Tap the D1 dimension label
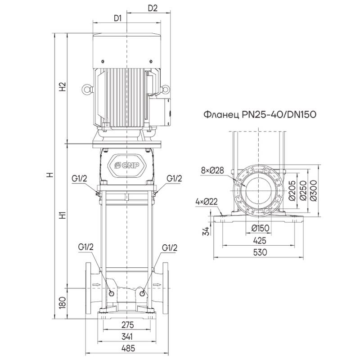coord(118,18)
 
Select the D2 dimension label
coord(153,9)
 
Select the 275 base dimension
coord(128,324)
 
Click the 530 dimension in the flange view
coord(260,252)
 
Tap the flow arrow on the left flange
coord(96,284)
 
